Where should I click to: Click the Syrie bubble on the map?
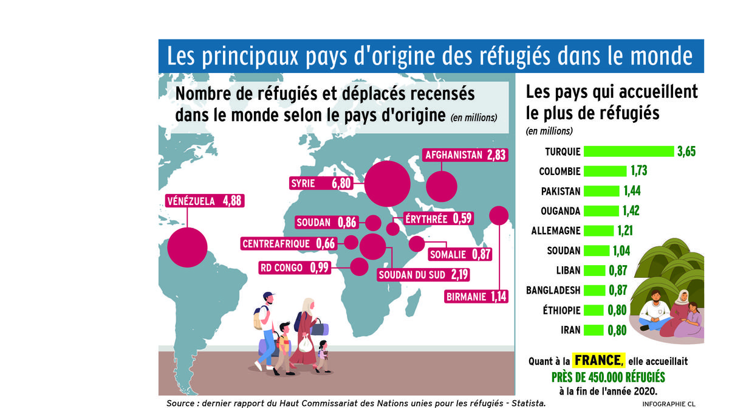click(387, 182)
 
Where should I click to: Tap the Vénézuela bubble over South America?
click(187, 247)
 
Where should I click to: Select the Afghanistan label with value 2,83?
click(465, 155)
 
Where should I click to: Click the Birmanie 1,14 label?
click(475, 297)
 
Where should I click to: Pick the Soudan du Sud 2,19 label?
click(423, 274)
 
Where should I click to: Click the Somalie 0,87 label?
click(460, 255)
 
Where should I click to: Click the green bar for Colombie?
click(605, 171)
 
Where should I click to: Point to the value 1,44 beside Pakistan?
click(632, 191)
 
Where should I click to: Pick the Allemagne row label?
click(556, 231)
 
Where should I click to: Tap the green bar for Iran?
click(594, 330)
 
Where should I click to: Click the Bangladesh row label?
click(553, 290)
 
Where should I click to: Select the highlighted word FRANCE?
click(598, 360)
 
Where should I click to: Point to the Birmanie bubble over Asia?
click(499, 215)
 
